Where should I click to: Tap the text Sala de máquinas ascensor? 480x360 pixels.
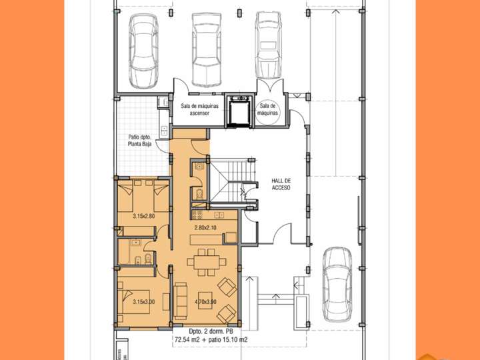(195, 109)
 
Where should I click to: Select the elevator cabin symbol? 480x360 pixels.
(238, 109)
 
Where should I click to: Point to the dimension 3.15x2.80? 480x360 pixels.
(144, 216)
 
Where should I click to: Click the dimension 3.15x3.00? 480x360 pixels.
(144, 302)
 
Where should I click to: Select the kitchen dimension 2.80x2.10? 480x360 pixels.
(205, 228)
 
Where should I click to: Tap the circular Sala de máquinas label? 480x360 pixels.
(269, 109)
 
